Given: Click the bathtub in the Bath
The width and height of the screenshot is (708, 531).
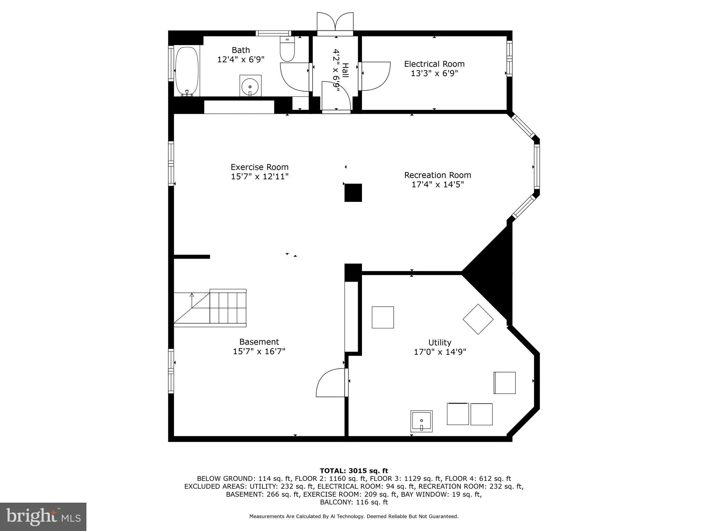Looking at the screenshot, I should (187, 71).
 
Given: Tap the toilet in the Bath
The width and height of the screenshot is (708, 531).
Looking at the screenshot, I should (287, 50).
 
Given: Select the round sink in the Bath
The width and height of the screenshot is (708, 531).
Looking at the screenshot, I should (250, 85).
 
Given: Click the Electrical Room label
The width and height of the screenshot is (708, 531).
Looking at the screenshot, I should (434, 64).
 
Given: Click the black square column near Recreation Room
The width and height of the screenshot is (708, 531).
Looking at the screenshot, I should (353, 193).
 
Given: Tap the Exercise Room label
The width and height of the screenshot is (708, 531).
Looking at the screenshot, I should (259, 167).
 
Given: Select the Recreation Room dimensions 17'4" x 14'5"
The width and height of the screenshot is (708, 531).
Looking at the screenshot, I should (437, 185).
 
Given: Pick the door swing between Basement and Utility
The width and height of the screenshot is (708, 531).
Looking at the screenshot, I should (330, 383).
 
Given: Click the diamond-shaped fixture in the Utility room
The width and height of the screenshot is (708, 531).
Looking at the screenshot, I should (478, 319).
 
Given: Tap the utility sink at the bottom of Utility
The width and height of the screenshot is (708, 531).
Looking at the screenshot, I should (421, 421).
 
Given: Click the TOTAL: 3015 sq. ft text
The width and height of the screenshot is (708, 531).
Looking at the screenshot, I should (354, 471).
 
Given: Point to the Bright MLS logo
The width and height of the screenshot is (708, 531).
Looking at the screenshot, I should (43, 516).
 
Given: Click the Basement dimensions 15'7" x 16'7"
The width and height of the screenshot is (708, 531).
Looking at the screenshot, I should (259, 352).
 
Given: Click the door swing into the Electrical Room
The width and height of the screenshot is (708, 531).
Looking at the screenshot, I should (375, 76).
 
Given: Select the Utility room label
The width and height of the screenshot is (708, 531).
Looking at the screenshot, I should (439, 343).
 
